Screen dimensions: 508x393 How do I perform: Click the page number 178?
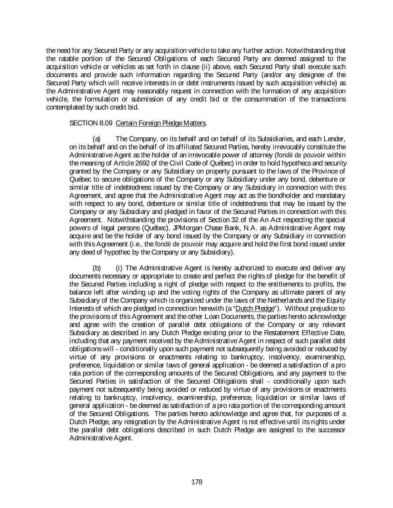(x=196, y=482)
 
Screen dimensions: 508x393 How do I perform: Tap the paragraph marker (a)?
(x=96, y=139)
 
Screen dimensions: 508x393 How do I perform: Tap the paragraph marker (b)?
(x=96, y=268)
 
